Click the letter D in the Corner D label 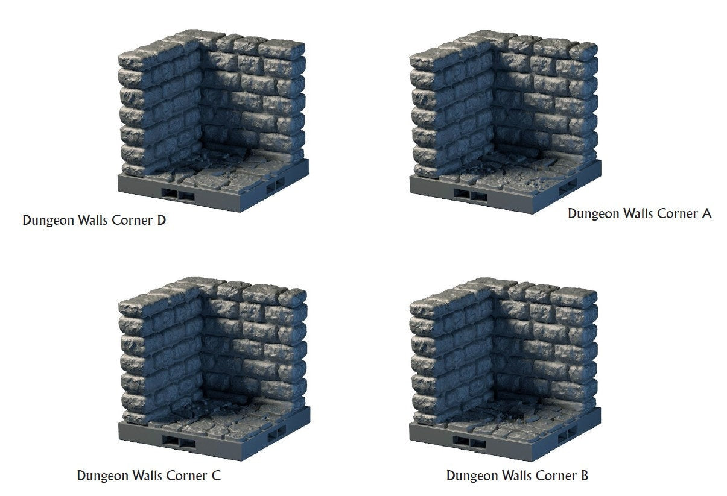[161, 220]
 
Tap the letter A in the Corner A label [706, 213]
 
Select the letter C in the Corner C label [216, 476]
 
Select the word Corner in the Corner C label [186, 476]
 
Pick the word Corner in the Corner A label [677, 214]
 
